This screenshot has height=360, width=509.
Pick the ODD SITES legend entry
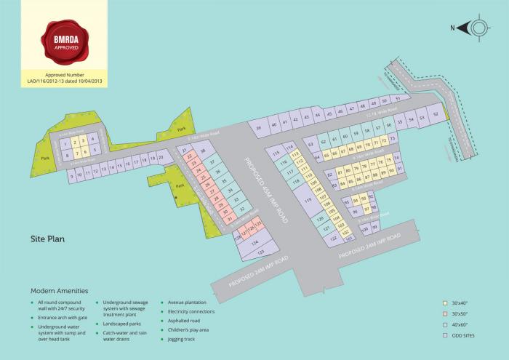pyautogui.click(x=463, y=335)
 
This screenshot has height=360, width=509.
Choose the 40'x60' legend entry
pyautogui.click(x=461, y=324)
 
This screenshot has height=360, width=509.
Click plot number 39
pyautogui.click(x=259, y=129)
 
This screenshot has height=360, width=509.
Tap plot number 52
pyautogui.click(x=435, y=114)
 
